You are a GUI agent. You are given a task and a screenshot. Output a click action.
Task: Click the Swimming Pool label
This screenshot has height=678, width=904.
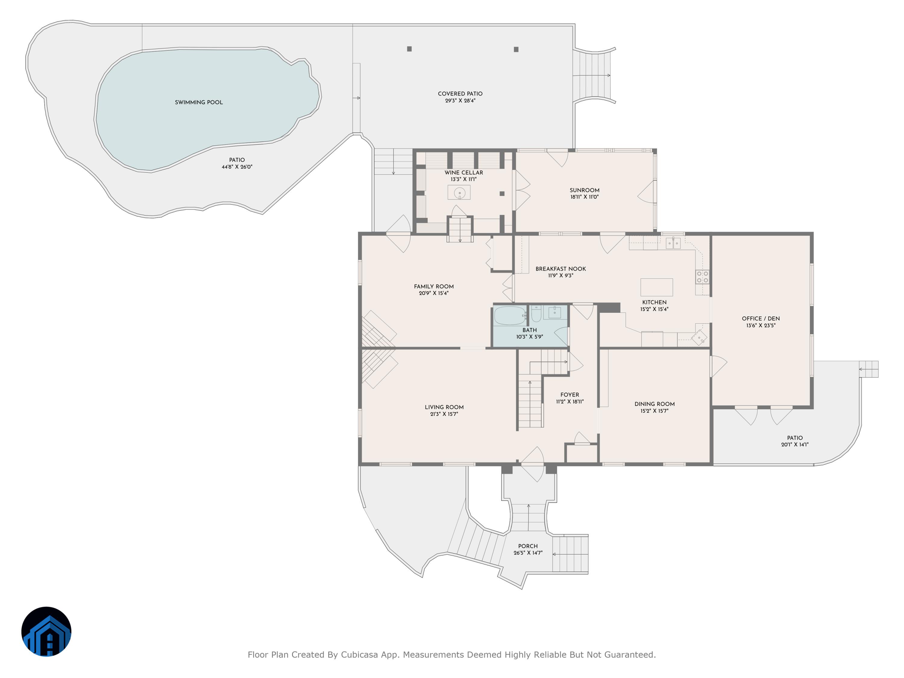199,102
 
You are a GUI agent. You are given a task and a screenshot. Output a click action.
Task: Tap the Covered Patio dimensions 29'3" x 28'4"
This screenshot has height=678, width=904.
460,101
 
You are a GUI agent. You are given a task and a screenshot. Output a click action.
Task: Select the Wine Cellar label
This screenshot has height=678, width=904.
463,172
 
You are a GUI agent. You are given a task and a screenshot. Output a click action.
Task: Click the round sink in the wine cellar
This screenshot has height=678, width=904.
459,193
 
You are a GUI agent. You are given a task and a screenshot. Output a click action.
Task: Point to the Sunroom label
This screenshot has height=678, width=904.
584,190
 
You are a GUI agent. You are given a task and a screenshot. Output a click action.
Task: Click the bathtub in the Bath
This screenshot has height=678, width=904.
510,315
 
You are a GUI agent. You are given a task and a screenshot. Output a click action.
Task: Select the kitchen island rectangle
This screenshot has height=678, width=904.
656,287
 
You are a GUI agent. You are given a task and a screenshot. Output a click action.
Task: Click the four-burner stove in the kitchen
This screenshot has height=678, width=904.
702,277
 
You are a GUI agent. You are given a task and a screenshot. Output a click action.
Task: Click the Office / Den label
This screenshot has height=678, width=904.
761,319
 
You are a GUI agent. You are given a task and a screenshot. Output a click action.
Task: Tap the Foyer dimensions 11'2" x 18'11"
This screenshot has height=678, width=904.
570,402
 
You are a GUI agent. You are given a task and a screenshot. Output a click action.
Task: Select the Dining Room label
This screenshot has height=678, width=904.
654,404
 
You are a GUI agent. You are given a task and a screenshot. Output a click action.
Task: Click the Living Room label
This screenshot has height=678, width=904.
444,407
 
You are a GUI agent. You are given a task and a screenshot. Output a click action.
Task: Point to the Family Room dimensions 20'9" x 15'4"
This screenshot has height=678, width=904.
434,293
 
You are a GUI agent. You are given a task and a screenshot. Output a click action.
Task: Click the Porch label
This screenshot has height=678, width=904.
528,546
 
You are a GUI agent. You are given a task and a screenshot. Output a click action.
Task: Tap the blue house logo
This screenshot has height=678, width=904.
46,631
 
